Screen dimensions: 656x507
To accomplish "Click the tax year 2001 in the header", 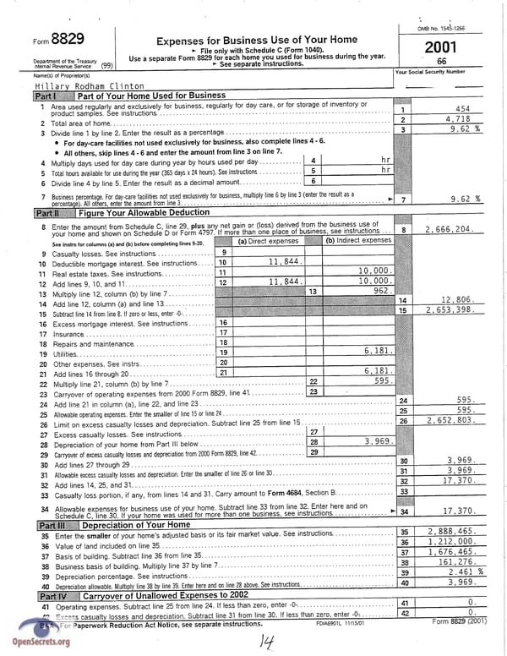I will tap(441, 47).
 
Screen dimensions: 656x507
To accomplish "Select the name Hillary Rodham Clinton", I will tap(90, 86).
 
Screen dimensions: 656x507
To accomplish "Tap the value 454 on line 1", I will tap(462, 109).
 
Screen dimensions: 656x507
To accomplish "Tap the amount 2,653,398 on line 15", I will tap(450, 309).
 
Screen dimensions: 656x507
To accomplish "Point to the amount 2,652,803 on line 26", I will tap(450, 419).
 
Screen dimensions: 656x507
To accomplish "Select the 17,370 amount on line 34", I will tap(461, 511).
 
